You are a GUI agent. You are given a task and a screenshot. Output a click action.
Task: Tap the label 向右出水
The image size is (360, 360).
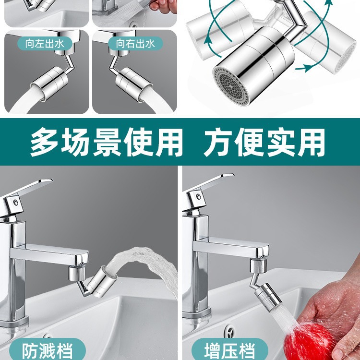tap(135, 44)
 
